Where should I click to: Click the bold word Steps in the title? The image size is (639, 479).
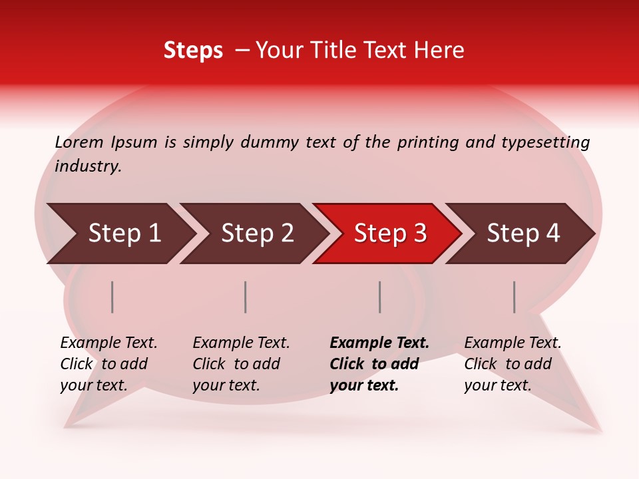(193, 51)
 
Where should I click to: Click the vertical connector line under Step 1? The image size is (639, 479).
(112, 297)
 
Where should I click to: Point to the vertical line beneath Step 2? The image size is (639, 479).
(246, 297)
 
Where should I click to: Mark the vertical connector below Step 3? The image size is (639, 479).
(380, 297)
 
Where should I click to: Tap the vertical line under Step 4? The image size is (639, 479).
(515, 297)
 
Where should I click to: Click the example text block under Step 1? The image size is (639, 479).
(108, 364)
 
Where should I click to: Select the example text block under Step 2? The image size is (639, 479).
(241, 364)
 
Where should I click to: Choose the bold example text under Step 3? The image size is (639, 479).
(379, 364)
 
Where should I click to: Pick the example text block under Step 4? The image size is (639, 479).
(513, 364)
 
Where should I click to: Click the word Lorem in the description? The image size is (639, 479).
(79, 142)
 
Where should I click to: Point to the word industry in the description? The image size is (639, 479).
(88, 166)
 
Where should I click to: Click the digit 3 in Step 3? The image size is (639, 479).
(419, 234)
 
